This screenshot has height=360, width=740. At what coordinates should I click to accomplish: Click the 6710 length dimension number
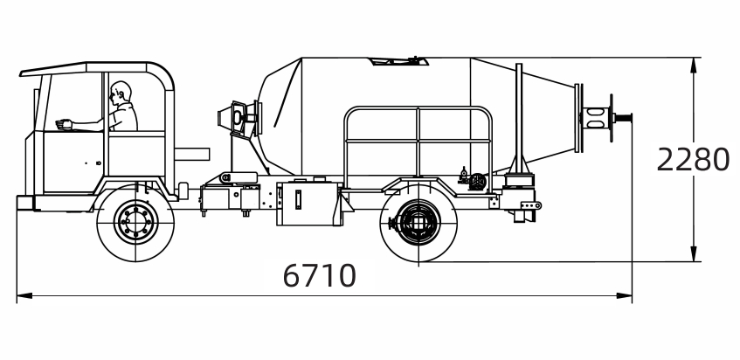click(320, 276)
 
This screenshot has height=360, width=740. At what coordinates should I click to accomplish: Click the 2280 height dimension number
click(693, 161)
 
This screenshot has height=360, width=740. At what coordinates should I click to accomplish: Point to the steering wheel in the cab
click(63, 123)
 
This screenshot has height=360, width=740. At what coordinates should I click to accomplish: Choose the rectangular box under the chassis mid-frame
click(306, 204)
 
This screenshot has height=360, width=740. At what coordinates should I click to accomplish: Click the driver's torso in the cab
click(125, 115)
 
